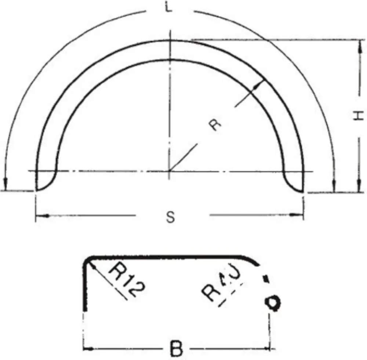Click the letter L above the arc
[x=168, y=8]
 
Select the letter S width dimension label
[x=170, y=217]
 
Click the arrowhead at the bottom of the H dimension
[x=359, y=188]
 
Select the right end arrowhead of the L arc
[x=333, y=187]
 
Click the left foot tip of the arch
[x=37, y=190]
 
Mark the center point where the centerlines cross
[x=169, y=171]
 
